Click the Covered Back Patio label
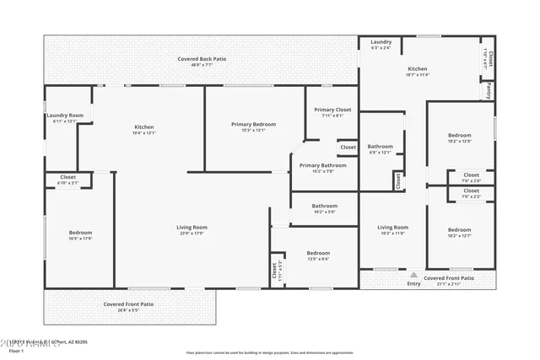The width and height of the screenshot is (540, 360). coord(201,59)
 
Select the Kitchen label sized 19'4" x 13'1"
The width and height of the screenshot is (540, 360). coord(144,126)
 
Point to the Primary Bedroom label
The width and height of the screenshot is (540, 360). coord(253,124)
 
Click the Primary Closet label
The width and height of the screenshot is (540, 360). coord(332,110)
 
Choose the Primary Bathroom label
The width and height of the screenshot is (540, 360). coord(322,165)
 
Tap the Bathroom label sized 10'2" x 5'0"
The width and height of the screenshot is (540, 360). coord(324,206)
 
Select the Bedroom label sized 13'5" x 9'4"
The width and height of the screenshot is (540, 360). coord(318,253)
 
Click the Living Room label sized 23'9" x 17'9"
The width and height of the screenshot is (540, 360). coord(192,227)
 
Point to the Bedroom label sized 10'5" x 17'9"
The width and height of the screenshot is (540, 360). coord(80,233)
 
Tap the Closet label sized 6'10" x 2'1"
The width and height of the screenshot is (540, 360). coord(67,177)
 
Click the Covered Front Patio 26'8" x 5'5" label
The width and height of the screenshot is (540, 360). coord(128,304)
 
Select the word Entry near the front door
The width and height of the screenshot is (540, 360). coord(413,284)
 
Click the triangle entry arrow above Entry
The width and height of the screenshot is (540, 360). coord(413,275)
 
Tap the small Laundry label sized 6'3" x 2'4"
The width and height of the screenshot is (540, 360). coord(381,41)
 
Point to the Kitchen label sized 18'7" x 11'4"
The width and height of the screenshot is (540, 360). coord(418,68)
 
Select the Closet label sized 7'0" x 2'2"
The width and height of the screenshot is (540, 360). coord(471,191)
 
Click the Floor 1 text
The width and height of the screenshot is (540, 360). coord(16,350)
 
